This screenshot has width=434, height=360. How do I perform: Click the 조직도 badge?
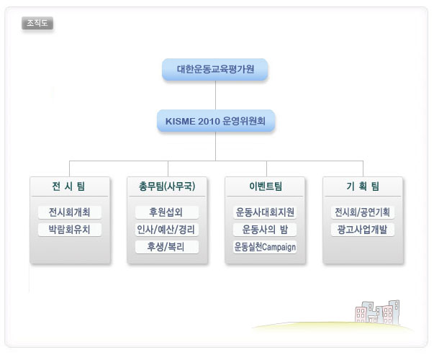pos(37,23)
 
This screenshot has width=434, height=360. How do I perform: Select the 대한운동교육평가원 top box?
pos(215,69)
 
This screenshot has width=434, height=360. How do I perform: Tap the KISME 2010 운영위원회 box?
pos(216,121)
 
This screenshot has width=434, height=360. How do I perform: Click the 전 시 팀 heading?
pos(68,186)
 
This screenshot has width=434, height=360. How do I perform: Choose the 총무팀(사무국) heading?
pos(167,186)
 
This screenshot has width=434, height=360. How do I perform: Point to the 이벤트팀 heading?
pos(266,186)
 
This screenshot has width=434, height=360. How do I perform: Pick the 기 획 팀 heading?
pos(363,186)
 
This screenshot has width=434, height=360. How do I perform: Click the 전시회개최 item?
pos(70,212)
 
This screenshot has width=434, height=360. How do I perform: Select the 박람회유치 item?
pos(70,230)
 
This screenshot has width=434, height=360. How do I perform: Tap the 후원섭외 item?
pos(167,212)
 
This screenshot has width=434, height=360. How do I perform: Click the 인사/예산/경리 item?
pos(167,230)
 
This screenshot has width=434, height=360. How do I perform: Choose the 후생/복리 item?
pos(167,247)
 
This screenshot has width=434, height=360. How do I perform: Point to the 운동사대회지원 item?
pos(265,212)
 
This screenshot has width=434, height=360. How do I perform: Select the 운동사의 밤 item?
pos(265,230)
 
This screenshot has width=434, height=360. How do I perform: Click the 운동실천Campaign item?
pos(265,247)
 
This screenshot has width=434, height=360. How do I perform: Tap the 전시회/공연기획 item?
pos(363,212)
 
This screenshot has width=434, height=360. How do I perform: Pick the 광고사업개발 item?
pos(363,230)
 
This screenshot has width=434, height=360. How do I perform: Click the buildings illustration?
pos(378,312)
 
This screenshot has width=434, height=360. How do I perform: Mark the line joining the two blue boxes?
pos(215,95)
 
